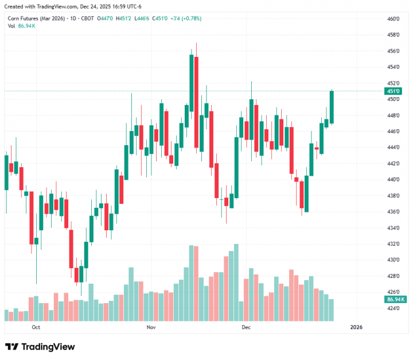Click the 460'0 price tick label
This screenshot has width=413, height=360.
coord(393,19)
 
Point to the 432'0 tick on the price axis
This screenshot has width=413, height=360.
coord(393,244)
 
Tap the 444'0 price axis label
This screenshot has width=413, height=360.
coord(393,148)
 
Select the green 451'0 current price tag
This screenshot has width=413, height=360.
coord(394,91)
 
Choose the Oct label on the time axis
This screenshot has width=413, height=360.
coord(36,327)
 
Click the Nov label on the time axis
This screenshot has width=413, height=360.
coord(151,327)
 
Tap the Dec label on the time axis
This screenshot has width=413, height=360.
coord(246,327)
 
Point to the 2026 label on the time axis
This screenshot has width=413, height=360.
coord(356,327)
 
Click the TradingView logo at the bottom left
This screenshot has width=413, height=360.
coord(40,347)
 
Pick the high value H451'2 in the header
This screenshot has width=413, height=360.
coord(123,18)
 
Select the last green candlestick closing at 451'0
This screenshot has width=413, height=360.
coord(332,107)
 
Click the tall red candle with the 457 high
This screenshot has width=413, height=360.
coord(196,103)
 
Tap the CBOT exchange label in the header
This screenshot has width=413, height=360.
coord(88,18)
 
